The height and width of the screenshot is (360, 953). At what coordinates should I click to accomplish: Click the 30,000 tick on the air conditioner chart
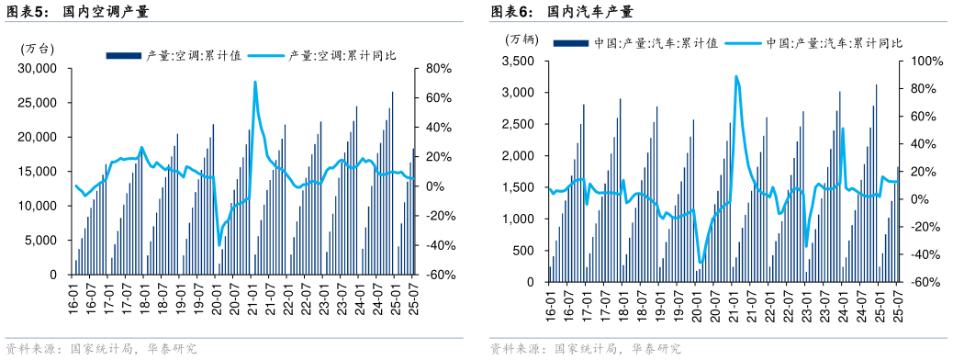coord(37,69)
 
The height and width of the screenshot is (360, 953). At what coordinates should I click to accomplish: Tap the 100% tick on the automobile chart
coord(921,62)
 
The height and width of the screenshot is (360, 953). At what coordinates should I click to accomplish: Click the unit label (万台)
coord(38,49)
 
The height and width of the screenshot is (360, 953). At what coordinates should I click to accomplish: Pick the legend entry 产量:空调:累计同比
coord(342,55)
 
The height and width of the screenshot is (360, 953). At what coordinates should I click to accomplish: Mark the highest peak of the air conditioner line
coord(254,83)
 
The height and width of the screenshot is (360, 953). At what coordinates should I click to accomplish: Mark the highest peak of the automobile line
coord(735,76)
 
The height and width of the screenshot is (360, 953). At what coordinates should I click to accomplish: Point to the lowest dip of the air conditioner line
coord(219,244)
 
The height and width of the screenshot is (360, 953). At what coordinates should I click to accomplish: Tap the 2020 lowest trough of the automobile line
coord(700,263)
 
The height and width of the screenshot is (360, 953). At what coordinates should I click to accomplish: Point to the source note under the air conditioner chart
coord(101,350)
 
